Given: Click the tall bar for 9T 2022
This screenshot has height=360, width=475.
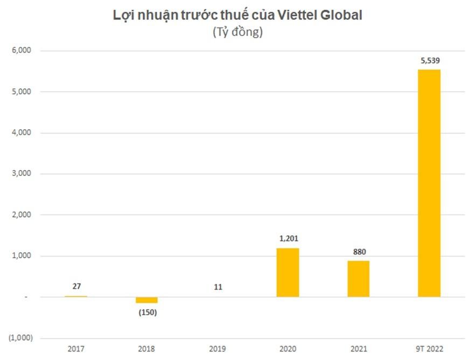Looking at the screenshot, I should coord(429,183).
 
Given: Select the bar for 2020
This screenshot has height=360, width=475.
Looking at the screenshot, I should coord(288,272).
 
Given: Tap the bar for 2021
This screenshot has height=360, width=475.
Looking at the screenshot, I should coord(358,279).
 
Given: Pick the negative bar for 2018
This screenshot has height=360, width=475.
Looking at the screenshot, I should coord(146,300).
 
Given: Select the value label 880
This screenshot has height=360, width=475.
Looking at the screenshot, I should coord(359,252).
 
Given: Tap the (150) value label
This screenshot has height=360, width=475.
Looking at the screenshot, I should coord(146,312).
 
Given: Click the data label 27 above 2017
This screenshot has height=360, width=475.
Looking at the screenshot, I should coord(76,286).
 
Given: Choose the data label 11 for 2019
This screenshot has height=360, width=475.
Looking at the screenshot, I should coord(218,287).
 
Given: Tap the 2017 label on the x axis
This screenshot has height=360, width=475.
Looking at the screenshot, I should coord(76,349).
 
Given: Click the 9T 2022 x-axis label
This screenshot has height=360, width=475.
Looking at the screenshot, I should coord(429,349).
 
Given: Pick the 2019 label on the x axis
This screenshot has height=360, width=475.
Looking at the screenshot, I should coord(218,349).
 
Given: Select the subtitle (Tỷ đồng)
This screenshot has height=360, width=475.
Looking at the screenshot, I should coord(237,32).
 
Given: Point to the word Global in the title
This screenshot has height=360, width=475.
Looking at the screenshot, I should coord(343,15).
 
